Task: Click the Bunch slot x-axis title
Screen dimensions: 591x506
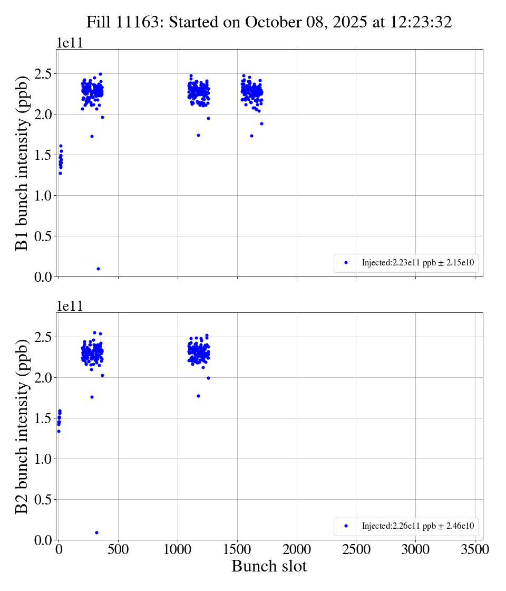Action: [x=269, y=567]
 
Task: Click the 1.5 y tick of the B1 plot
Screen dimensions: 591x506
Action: [x=44, y=155]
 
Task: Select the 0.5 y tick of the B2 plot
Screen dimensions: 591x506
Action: [x=44, y=500]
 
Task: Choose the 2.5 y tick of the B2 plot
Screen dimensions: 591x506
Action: [x=44, y=337]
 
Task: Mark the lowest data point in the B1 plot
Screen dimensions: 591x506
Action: [x=98, y=269]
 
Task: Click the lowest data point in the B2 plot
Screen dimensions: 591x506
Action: [x=96, y=532]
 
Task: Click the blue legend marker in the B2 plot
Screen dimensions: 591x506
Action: [x=346, y=526]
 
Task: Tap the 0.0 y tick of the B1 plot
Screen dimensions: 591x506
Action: [x=44, y=277]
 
